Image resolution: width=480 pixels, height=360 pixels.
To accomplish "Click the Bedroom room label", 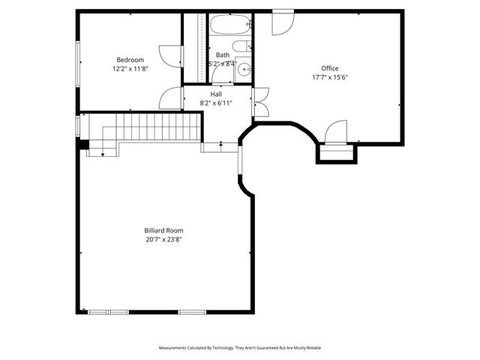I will (x=130, y=60).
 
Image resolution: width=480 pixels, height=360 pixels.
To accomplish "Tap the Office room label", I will (x=330, y=68).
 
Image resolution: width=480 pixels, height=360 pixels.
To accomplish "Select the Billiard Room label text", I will (x=163, y=230).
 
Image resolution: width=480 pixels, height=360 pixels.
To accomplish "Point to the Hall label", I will (x=216, y=94).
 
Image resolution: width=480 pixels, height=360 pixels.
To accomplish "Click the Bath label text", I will (x=223, y=55).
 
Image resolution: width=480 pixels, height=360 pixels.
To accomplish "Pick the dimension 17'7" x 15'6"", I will (x=330, y=77).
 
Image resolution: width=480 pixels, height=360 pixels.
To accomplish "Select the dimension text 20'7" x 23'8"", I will (x=163, y=239).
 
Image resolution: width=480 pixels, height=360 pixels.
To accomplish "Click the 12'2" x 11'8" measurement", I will (x=130, y=69).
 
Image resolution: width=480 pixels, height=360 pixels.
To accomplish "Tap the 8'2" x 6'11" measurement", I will (x=216, y=103).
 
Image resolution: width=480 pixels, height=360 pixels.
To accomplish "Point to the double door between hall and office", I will (x=260, y=102).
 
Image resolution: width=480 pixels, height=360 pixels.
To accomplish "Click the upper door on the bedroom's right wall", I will (x=171, y=55).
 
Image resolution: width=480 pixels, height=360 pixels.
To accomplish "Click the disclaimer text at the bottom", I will (x=240, y=348).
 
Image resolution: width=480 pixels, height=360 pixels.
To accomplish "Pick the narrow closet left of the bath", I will (x=201, y=46).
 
